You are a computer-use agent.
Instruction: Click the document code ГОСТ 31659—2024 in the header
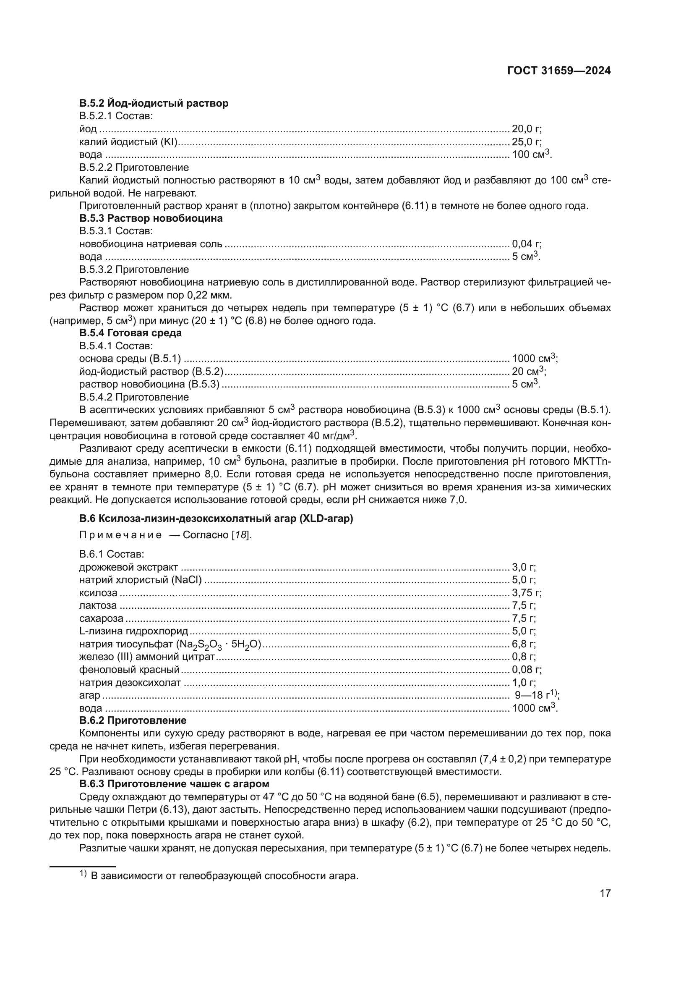tap(558, 71)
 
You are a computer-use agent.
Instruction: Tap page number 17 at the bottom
tap(605, 893)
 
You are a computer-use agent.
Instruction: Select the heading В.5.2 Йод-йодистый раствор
tap(154, 103)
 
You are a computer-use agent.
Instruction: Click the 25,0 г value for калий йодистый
tap(527, 141)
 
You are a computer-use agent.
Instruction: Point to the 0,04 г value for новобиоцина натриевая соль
tap(527, 244)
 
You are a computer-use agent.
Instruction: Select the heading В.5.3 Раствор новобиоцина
tap(151, 218)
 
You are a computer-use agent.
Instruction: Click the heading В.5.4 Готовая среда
tap(130, 333)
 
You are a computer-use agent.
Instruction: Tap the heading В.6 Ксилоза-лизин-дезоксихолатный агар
tap(216, 518)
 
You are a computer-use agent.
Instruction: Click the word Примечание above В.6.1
tap(120, 535)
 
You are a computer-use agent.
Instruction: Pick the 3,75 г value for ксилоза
tap(527, 593)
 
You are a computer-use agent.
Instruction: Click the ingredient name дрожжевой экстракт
tap(129, 568)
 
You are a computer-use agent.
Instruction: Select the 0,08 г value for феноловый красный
tap(527, 670)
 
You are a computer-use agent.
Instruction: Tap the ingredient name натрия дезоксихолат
tap(130, 683)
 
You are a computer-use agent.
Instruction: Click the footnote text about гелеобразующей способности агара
tap(224, 872)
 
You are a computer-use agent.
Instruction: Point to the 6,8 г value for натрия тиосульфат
tap(524, 644)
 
